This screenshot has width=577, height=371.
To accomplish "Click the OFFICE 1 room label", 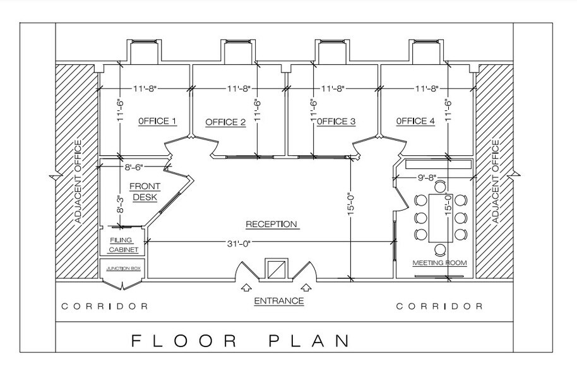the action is coord(157,121).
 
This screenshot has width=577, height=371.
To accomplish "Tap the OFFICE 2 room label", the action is coord(225,122).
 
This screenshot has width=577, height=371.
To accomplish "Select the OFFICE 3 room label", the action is coord(336,121).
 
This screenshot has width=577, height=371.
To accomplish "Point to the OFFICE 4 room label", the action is coord(415,121).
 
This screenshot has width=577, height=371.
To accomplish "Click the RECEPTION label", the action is coord(271,224).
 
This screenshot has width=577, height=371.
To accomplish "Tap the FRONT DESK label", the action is coord(145,192).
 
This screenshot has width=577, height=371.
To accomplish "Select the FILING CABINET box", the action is coord(122,241).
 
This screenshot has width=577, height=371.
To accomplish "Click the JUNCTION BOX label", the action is coord(123,268).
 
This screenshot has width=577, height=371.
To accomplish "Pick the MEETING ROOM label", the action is coord(439,263).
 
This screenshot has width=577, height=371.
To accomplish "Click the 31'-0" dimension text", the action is coord(239,243).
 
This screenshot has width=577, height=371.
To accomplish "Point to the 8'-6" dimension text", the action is coord(134,167).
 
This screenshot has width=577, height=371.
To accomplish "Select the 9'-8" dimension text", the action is coord(427,178).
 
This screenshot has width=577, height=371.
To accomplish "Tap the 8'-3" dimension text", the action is coord(120,205).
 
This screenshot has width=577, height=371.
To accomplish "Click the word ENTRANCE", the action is coord(279,301).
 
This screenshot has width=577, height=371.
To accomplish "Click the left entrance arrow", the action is coord(246,288).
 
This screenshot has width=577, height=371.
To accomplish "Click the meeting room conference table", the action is coord(441,218).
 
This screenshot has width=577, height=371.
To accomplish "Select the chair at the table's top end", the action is coord(440,186).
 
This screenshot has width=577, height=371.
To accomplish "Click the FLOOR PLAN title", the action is coord(241,341).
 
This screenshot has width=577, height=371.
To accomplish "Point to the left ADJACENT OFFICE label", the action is coord(78,182).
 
